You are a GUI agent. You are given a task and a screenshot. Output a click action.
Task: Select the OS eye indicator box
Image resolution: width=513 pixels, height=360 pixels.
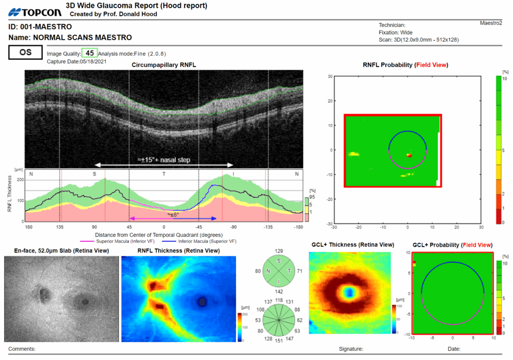pyautogui.click(x=25, y=52)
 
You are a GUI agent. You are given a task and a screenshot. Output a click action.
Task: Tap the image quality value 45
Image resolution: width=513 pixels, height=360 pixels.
pyautogui.click(x=90, y=53)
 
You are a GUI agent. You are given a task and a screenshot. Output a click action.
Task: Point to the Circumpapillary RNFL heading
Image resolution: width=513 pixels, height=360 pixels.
pyautogui.click(x=163, y=65)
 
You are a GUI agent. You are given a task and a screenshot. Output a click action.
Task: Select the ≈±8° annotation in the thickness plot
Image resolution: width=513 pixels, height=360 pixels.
pyautogui.click(x=173, y=214)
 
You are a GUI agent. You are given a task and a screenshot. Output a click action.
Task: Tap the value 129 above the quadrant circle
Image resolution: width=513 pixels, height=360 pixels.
pyautogui.click(x=279, y=250)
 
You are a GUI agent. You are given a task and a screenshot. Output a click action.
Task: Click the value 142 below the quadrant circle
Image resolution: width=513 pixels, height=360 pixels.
pyautogui.click(x=279, y=291)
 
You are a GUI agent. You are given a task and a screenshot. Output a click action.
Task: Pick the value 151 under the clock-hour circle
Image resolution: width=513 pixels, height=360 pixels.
pyautogui.click(x=279, y=340)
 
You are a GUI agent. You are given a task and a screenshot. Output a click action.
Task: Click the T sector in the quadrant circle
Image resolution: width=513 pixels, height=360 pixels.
pyautogui.click(x=289, y=271)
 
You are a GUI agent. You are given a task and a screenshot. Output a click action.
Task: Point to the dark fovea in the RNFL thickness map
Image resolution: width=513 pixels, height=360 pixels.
pyautogui.click(x=202, y=301)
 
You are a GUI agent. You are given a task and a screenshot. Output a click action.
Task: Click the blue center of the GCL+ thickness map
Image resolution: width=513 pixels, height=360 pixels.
pyautogui.click(x=349, y=292)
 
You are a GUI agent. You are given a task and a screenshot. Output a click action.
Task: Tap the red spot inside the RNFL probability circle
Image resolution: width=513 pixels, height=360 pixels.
pyautogui.click(x=408, y=155)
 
